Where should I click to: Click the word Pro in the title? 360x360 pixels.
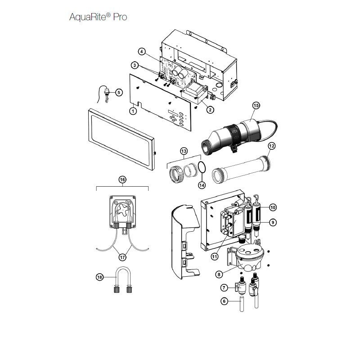(120, 17)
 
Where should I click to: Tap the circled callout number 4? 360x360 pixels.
(142, 52)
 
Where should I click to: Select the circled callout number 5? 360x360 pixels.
(119, 93)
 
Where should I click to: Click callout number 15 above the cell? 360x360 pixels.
(256, 105)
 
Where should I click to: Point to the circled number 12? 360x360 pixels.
(272, 146)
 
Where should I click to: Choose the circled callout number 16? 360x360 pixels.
(122, 180)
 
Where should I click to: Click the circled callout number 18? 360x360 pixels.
(99, 277)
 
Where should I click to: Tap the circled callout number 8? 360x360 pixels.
(219, 274)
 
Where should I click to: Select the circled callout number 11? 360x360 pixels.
(215, 256)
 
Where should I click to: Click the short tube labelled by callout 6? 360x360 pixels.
(242, 304)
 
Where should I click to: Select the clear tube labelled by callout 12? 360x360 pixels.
(241, 169)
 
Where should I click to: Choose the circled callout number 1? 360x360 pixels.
(133, 111)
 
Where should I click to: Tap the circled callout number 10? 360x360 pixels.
(273, 207)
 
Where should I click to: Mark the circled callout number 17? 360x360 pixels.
(122, 257)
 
